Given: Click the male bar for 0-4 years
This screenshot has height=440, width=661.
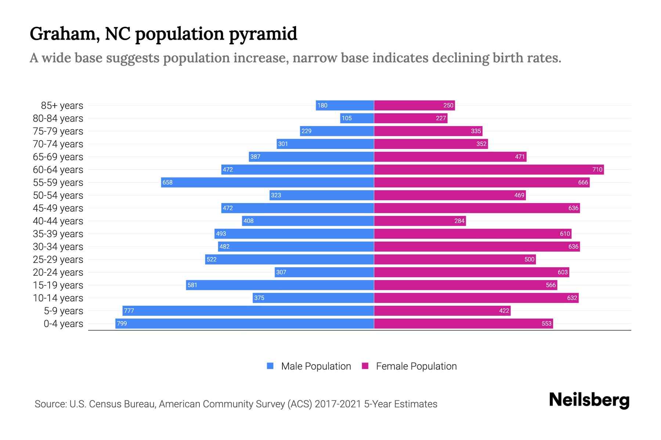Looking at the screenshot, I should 245,323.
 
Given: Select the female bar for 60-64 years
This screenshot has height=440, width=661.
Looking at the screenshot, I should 488,169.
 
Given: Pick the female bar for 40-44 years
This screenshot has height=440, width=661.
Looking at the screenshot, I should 420,221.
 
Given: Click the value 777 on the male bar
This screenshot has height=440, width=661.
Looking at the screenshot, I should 129,311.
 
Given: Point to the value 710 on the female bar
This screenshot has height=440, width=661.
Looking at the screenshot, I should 597,169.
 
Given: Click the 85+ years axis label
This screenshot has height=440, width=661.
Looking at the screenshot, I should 62,106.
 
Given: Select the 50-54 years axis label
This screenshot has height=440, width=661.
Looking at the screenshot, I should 58,195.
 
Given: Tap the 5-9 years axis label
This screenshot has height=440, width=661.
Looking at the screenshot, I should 63,311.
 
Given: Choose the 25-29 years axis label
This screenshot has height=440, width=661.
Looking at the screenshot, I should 58,260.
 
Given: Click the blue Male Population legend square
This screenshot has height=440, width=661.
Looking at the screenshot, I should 270,366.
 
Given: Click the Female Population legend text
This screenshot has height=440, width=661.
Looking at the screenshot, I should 416,366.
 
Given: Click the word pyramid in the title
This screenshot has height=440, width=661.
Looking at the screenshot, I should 263,34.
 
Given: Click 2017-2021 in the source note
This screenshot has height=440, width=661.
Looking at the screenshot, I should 338,404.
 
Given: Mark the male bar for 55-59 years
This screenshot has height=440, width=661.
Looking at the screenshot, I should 267,182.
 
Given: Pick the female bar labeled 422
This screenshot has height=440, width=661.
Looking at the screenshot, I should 442,311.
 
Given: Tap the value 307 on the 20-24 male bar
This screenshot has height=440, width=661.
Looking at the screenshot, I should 281,272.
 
